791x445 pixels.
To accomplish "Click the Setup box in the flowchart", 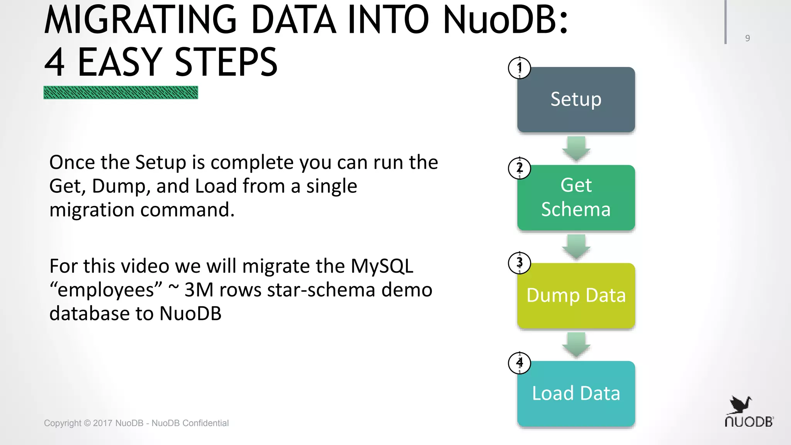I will click(576, 100).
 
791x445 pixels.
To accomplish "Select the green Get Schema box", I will click(576, 197).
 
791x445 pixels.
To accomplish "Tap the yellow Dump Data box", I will click(576, 296).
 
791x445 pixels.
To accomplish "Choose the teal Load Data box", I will click(576, 393).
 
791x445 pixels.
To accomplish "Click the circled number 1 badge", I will click(519, 68).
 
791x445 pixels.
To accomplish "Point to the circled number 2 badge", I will click(519, 168).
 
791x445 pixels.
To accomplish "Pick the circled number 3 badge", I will click(519, 263).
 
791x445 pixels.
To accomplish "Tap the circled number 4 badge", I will click(519, 363).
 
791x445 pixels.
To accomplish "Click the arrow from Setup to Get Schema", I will click(576, 148).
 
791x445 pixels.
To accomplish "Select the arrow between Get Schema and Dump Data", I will click(576, 246).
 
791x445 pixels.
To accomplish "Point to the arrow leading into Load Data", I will click(576, 345).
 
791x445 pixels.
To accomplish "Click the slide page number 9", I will click(747, 38).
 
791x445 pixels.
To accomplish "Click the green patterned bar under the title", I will click(121, 93).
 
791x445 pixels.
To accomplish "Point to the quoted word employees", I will click(106, 290).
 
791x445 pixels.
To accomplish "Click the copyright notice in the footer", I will click(136, 423).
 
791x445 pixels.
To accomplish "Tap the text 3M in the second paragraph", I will click(199, 290).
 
